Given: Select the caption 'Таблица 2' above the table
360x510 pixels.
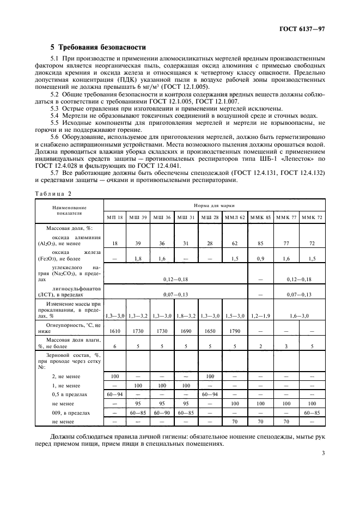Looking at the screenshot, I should [x=53, y=193].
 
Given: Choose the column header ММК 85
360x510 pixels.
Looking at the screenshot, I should [x=260, y=217].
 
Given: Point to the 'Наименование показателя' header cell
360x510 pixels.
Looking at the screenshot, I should [x=69, y=210].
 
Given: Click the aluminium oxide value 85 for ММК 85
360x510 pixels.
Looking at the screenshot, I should [x=260, y=243].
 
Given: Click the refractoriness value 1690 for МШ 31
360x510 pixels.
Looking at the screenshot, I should [x=186, y=330].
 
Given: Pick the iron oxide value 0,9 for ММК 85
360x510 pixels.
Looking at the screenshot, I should [x=260, y=258].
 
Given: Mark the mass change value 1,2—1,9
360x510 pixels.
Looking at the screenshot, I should [x=260, y=315].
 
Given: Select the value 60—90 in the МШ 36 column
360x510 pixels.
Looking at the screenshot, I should [x=162, y=412].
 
